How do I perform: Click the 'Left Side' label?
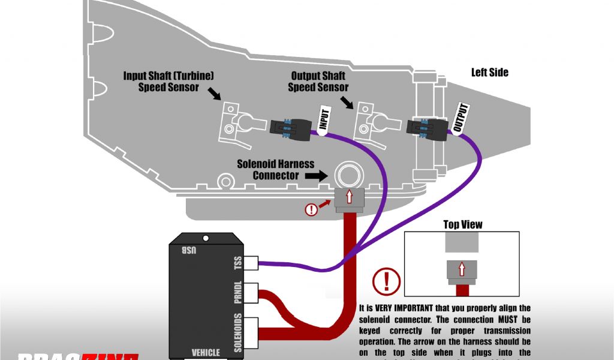pyautogui.click(x=489, y=73)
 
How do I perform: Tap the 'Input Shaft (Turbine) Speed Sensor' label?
pyautogui.click(x=168, y=81)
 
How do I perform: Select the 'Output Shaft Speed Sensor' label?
pyautogui.click(x=318, y=81)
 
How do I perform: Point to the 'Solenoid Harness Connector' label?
pyautogui.click(x=267, y=169)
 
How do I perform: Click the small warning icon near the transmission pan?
pyautogui.click(x=311, y=209)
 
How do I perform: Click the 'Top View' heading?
pyautogui.click(x=462, y=224)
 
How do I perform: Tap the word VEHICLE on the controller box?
pyautogui.click(x=206, y=352)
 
